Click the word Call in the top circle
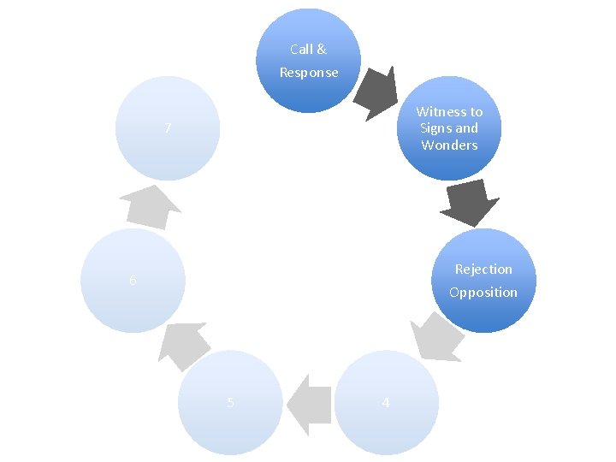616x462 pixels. (301, 50)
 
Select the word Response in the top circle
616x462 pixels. (309, 73)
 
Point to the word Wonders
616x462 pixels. (449, 145)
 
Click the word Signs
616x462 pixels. (435, 128)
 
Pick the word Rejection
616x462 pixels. (483, 269)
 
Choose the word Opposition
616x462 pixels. (483, 293)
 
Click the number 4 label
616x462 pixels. (386, 403)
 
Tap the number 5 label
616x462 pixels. (231, 403)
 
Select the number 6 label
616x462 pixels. (133, 281)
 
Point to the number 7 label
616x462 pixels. (169, 129)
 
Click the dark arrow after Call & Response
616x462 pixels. (377, 91)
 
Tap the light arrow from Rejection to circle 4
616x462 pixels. (435, 336)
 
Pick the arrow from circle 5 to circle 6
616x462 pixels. (184, 343)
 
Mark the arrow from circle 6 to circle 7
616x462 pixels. (149, 206)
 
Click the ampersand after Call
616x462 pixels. (322, 50)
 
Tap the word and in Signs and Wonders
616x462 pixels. (466, 128)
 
